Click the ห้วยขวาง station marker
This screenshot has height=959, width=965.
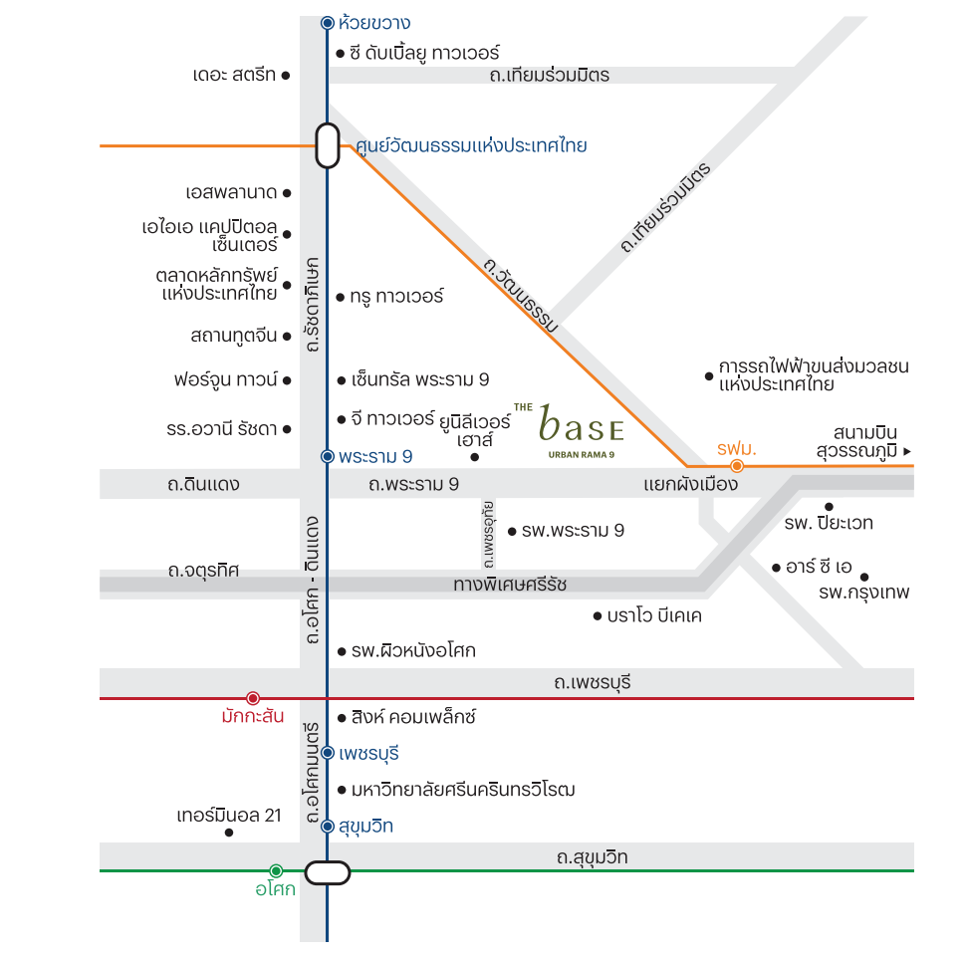pyautogui.click(x=328, y=23)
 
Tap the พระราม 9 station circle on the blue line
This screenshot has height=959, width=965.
pyautogui.click(x=328, y=457)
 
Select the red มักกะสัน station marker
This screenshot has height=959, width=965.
pyautogui.click(x=253, y=698)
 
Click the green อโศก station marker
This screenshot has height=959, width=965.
pyautogui.click(x=276, y=870)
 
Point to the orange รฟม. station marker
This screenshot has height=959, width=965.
pyautogui.click(x=737, y=466)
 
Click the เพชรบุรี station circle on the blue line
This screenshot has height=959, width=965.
pyautogui.click(x=328, y=753)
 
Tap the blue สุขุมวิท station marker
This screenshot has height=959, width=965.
pyautogui.click(x=328, y=826)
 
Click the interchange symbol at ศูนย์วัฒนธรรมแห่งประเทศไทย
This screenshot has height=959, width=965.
pyautogui.click(x=328, y=145)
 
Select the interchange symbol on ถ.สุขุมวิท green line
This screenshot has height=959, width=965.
pyautogui.click(x=328, y=872)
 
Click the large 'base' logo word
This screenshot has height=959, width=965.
pyautogui.click(x=581, y=424)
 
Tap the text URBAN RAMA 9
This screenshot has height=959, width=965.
pyautogui.click(x=581, y=455)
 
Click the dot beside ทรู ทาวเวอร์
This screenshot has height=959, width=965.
pyautogui.click(x=341, y=298)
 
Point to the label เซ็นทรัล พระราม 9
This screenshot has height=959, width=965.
pyautogui.click(x=420, y=379)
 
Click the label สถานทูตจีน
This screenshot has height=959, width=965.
pyautogui.click(x=234, y=336)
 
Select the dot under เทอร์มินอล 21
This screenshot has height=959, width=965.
pyautogui.click(x=229, y=833)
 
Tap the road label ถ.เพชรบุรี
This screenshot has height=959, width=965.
pyautogui.click(x=593, y=682)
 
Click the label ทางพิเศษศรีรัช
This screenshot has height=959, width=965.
pyautogui.click(x=510, y=584)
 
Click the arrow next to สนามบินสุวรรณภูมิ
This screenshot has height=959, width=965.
pyautogui.click(x=906, y=451)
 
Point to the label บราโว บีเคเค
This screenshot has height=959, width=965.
pyautogui.click(x=654, y=615)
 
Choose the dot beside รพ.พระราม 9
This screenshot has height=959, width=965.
pyautogui.click(x=512, y=531)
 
